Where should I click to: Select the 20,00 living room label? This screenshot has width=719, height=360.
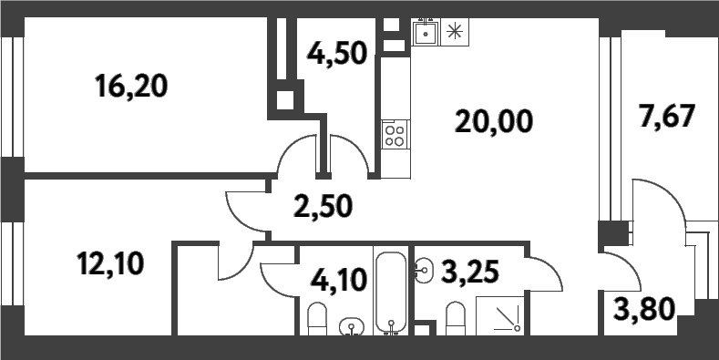[x=493, y=119]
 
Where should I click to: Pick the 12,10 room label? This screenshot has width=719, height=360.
[x=110, y=264]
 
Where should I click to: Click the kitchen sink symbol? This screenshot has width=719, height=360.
[x=425, y=34]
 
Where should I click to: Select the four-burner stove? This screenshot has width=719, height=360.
[x=395, y=136]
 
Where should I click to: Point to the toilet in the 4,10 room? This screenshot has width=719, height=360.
[x=316, y=321]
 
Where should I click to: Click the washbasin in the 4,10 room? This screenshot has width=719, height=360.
[x=350, y=325]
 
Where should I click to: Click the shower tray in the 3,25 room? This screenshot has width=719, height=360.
[x=507, y=316]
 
